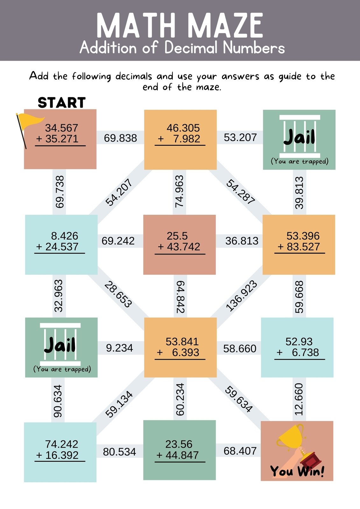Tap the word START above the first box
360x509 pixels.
click(62, 103)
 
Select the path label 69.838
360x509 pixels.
click(120, 138)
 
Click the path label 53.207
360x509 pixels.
click(240, 137)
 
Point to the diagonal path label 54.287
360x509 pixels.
click(241, 192)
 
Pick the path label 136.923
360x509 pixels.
click(241, 296)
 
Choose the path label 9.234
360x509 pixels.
click(119, 348)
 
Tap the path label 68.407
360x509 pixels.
click(240, 451)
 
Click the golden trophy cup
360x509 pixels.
click(290, 436)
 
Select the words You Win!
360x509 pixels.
click(297, 471)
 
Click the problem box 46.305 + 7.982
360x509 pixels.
click(180, 140)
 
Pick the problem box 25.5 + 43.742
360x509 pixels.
click(180, 245)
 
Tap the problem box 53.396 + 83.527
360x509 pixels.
click(299, 245)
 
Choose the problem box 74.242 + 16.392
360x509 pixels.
click(60, 452)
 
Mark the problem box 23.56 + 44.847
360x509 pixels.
click(180, 450)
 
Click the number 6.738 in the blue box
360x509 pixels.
click(305, 352)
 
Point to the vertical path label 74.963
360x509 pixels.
click(180, 192)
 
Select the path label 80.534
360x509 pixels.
click(119, 452)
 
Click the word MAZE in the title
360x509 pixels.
click(226, 26)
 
